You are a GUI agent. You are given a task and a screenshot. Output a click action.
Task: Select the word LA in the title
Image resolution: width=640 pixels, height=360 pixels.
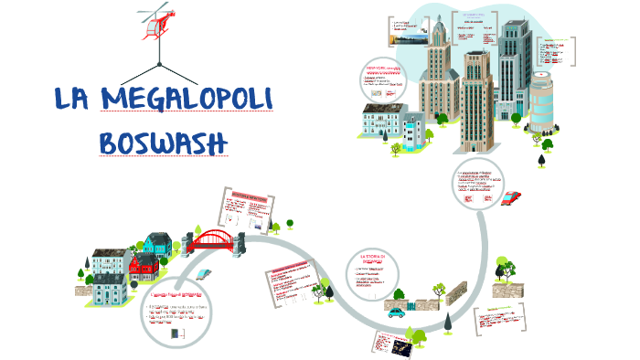tap(74, 101)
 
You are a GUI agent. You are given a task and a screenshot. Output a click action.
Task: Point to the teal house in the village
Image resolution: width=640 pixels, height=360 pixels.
tap(156, 243)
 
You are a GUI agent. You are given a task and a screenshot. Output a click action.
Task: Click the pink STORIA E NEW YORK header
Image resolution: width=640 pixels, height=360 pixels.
tap(249, 196)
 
